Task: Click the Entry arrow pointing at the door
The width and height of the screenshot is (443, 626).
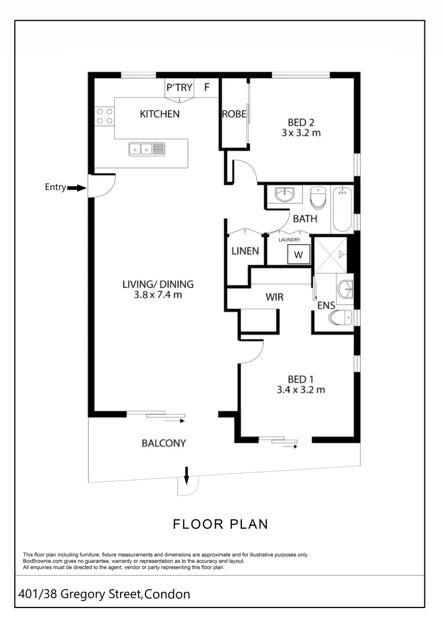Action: click(77, 188)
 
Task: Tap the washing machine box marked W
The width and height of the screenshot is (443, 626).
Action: click(299, 254)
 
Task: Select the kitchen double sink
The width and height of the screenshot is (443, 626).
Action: click(147, 150)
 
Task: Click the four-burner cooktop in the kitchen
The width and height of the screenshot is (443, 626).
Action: click(104, 116)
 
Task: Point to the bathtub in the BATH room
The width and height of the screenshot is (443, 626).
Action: click(342, 209)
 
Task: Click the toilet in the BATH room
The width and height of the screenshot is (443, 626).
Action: click(318, 198)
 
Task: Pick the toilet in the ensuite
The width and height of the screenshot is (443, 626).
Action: click(341, 318)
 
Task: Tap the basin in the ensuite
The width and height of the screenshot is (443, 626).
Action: click(345, 289)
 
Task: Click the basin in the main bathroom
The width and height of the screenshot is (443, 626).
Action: click(284, 194)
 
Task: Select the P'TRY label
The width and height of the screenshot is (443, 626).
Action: click(179, 87)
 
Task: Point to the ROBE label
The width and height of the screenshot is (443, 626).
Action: click(234, 114)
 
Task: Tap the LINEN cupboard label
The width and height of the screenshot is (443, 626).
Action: click(245, 251)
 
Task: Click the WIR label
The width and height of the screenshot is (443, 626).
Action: click(274, 297)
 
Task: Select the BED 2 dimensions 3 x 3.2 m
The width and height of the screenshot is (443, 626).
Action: click(301, 133)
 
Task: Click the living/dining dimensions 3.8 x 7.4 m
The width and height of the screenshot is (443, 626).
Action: click(158, 294)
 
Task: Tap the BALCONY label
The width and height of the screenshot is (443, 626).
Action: click(164, 443)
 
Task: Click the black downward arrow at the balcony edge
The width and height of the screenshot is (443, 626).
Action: click(186, 475)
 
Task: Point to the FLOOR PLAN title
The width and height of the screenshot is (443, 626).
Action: click(220, 524)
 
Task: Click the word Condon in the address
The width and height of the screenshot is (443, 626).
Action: click(167, 594)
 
